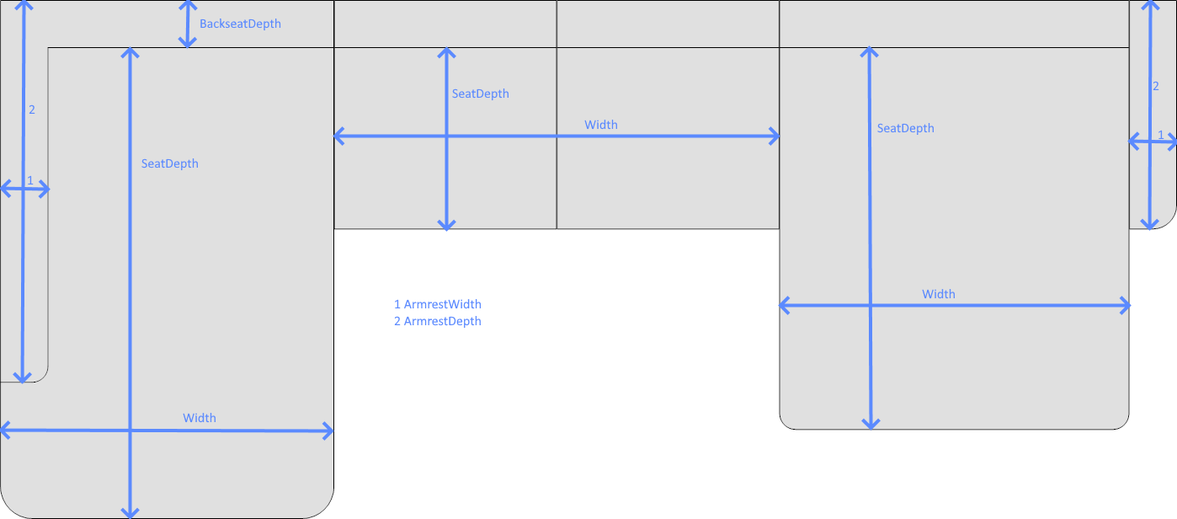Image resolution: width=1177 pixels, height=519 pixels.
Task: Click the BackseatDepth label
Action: (x=240, y=24)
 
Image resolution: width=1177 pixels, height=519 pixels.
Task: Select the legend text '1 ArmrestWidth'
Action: (x=438, y=304)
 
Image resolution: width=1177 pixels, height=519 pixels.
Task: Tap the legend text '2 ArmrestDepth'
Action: (x=438, y=321)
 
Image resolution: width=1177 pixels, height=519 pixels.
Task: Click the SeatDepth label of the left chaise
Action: (x=170, y=164)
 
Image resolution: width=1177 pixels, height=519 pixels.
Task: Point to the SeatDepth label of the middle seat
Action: (x=480, y=94)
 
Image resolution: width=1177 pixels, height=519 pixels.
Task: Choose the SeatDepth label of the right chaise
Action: (x=905, y=129)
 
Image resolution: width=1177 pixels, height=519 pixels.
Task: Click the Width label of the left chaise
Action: (x=200, y=418)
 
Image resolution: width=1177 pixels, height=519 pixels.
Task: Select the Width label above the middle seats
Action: (x=601, y=126)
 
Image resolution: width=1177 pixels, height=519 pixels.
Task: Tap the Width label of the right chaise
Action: (x=939, y=295)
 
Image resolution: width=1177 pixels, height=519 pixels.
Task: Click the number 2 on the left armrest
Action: (x=32, y=110)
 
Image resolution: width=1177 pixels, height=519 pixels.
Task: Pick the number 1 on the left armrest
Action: (x=30, y=181)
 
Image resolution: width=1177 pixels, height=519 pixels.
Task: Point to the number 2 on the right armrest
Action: (x=1155, y=86)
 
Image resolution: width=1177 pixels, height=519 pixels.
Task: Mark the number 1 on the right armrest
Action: (x=1161, y=135)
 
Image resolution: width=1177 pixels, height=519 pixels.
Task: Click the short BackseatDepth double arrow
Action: (x=188, y=24)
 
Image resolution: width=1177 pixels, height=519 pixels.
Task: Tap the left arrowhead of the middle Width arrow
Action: (x=339, y=136)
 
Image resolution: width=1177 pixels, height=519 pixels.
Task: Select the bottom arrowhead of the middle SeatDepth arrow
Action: (x=446, y=226)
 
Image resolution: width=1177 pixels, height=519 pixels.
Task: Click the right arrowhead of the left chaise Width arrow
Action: (x=328, y=431)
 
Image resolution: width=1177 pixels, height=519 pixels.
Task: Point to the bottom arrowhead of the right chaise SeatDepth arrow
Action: (x=871, y=424)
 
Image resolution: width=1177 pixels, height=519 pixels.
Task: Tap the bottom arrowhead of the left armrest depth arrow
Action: (x=22, y=377)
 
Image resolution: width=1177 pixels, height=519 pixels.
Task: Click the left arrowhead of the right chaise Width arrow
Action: (x=785, y=306)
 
